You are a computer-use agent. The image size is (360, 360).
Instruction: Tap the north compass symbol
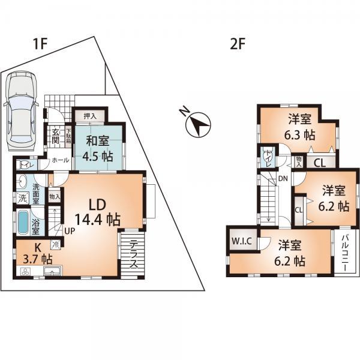[199, 123]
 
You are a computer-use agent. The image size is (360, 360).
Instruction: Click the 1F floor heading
[41, 43]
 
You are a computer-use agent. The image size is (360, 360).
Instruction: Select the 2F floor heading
[236, 43]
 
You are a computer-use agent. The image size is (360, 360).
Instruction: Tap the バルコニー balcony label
[347, 251]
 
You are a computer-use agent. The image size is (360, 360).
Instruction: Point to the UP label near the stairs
[70, 230]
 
